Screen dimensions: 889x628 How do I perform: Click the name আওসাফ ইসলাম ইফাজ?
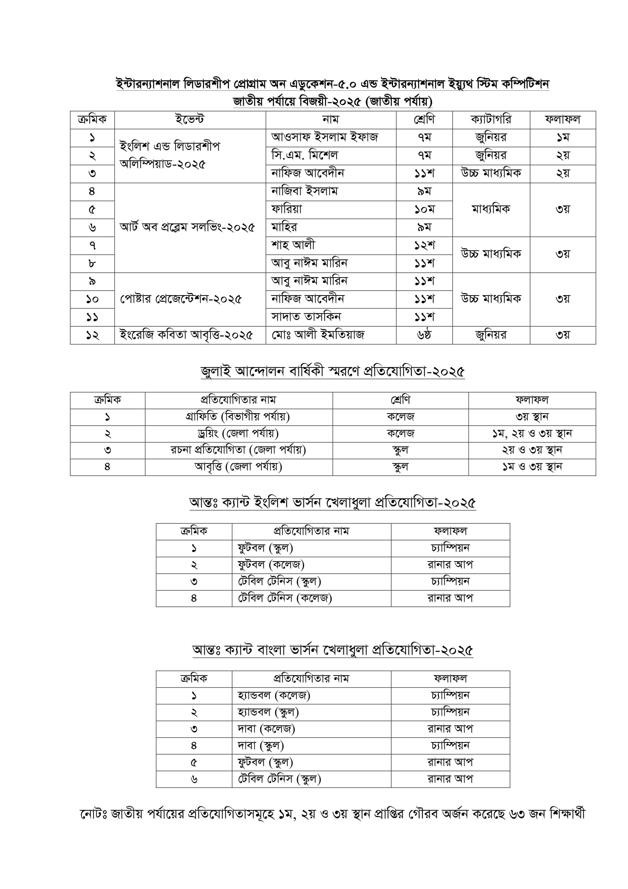324,138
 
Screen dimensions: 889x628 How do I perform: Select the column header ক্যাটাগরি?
491,120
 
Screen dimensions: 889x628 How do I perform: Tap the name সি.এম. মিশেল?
305,156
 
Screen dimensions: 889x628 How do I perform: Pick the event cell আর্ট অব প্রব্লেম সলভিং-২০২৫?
187,227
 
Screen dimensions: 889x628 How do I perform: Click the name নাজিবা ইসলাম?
305,191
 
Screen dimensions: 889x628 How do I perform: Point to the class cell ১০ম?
424,209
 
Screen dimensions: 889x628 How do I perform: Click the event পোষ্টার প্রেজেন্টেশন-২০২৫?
181,299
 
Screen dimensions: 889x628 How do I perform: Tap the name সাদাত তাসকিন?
306,317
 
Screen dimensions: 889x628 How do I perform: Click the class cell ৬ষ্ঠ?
424,335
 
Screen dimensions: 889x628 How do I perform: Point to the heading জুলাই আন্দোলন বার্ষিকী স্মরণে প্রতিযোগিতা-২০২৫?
332,371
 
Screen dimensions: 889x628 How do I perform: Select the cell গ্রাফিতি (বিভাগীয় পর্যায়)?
238,417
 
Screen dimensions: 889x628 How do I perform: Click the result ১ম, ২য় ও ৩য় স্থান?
532,434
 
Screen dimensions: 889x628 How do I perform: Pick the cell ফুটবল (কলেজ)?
271,565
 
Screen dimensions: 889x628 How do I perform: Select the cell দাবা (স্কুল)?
261,745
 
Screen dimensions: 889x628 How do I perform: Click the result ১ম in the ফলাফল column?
563,138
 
